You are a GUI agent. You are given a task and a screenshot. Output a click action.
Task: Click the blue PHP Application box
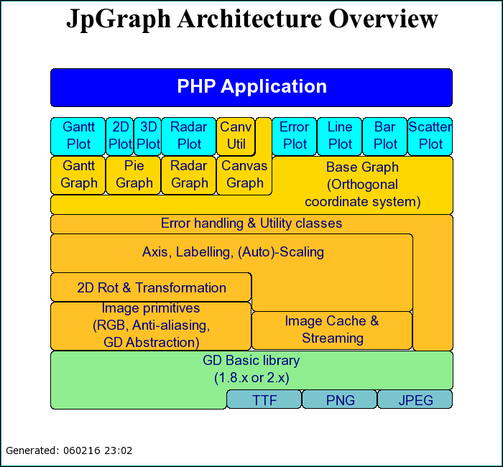point(251,87)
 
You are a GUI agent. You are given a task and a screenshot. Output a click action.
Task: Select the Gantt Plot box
point(78,135)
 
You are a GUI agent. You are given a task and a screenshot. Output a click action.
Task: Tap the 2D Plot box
point(119,135)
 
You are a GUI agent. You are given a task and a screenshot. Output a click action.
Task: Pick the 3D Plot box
point(147,135)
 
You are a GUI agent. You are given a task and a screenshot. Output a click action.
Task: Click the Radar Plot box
point(189,135)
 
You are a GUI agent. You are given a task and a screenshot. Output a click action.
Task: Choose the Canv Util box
point(236,135)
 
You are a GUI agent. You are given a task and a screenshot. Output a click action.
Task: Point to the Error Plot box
point(294,135)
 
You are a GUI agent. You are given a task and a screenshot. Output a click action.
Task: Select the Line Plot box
point(339,135)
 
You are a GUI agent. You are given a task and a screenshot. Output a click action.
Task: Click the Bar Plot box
point(384,135)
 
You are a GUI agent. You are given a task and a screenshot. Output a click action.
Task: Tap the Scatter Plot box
point(430,135)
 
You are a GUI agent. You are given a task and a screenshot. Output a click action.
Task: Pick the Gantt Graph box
point(78,175)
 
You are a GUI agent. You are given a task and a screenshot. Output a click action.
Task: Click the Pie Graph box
point(134,175)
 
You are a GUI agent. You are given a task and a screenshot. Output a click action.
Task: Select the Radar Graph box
point(189,175)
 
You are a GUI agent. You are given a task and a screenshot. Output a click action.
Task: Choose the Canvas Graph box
point(244,175)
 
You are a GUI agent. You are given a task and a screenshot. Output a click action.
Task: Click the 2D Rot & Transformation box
point(151,287)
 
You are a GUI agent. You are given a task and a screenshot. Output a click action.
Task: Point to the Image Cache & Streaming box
point(332,330)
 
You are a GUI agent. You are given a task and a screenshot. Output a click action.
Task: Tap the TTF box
point(264,399)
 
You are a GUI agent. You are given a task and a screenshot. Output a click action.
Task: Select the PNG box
point(340,399)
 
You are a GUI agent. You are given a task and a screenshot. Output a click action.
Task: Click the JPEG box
point(415,399)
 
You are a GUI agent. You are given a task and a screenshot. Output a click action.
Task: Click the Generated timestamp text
point(69,451)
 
